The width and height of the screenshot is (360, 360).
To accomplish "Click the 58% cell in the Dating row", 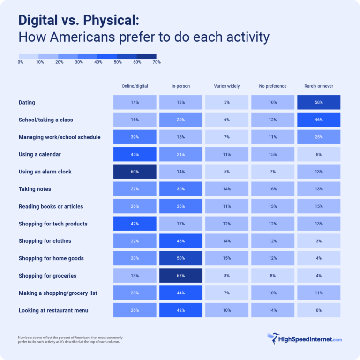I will tap(319, 102).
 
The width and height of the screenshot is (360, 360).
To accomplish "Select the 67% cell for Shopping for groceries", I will tap(180, 276).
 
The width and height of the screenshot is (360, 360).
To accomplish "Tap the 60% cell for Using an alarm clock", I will tap(135, 172).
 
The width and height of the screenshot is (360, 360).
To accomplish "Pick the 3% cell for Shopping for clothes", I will tap(319, 241).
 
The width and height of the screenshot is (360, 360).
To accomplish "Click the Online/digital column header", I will tap(135, 86).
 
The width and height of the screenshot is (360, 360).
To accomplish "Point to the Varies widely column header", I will tap(226, 86).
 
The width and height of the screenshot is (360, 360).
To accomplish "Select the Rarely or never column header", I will tap(319, 86).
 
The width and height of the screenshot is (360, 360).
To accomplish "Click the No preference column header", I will tap(272, 86).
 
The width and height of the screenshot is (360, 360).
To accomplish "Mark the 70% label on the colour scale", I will tap(157, 62).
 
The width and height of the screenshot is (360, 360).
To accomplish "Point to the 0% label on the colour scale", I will tap(21, 62).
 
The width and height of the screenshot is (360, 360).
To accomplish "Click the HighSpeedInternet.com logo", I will tap(304, 339).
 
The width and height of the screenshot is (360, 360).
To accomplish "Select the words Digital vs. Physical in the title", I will tap(78, 21).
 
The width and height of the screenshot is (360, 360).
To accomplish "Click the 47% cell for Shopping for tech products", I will tap(135, 224).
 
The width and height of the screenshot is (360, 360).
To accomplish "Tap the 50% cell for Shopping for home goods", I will tap(180, 258).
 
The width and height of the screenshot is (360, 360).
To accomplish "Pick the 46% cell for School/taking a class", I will tap(319, 120).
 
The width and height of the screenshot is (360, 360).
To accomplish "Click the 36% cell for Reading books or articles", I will tap(180, 206).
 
